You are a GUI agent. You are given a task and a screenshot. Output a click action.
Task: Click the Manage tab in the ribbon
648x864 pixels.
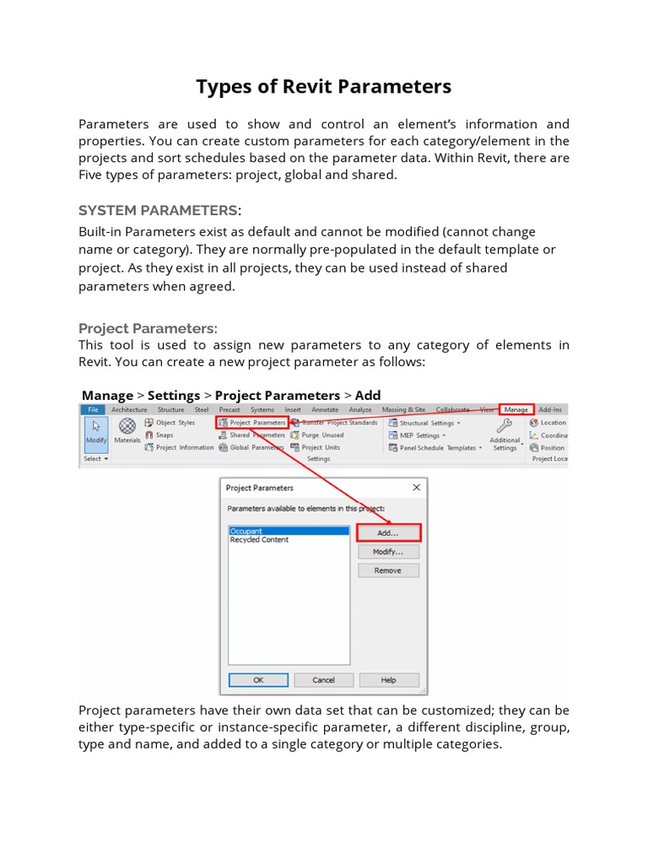point(516,409)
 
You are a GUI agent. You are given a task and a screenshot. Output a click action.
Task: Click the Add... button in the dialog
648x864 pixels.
point(387,532)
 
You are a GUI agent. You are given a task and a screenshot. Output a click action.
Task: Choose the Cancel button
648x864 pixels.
point(323,680)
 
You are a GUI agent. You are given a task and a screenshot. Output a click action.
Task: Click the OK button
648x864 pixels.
point(258,680)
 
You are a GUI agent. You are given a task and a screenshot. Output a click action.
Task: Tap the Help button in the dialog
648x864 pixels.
point(388,680)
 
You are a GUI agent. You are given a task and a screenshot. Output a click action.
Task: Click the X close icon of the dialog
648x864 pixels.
point(416,488)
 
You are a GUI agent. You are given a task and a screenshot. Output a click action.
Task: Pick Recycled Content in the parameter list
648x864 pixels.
point(259,540)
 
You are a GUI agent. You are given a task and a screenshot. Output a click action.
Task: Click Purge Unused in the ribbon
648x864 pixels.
point(321,435)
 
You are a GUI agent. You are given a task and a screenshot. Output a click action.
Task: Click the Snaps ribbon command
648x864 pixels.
point(164,435)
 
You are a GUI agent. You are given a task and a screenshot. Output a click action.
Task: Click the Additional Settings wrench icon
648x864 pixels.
point(505,426)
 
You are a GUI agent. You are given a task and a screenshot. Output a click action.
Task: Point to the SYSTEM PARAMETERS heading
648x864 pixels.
point(158,210)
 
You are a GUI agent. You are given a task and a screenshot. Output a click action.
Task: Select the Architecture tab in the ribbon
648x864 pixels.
point(129,409)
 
